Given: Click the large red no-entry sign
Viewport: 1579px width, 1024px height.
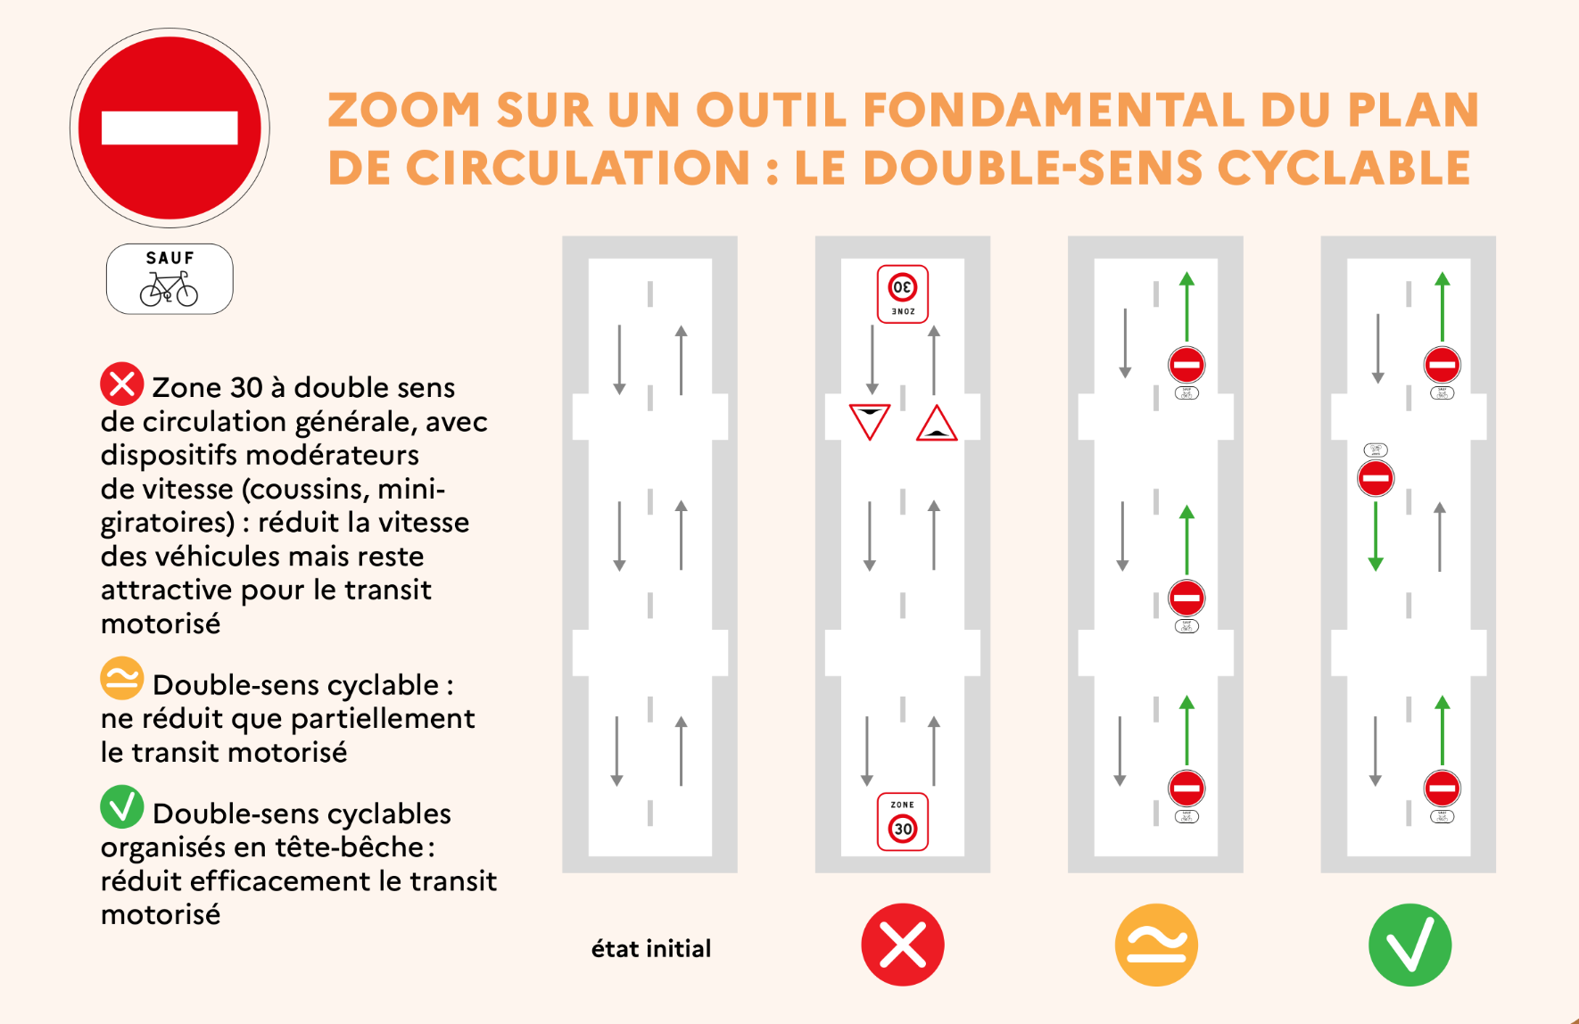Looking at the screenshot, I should tap(169, 128).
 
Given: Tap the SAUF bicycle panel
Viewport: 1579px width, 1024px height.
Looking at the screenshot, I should tap(169, 278).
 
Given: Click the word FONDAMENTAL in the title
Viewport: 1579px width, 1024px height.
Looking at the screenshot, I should tap(1054, 111).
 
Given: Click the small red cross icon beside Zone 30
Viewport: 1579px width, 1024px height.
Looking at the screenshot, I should tap(121, 384).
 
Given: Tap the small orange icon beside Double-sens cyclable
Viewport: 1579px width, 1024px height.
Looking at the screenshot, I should tap(121, 679).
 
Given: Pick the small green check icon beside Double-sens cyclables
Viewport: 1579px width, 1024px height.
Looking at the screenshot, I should tap(121, 806).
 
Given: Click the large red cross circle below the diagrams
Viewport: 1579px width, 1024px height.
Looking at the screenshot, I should tap(902, 945).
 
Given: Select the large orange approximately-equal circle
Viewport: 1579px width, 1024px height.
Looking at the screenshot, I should tap(1156, 945).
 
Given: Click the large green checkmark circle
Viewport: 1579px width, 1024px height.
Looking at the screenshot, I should tap(1410, 945).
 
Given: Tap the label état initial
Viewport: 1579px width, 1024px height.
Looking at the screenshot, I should tap(651, 948).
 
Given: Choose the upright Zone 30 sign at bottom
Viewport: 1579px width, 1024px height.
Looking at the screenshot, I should tap(903, 822).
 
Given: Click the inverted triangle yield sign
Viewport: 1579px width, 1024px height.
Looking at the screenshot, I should tap(869, 420).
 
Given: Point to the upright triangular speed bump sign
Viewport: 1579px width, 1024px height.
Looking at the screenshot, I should tap(937, 424).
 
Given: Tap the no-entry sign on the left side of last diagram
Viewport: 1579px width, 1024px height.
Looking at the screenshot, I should tap(1376, 478).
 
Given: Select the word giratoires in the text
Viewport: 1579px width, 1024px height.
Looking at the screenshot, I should tap(166, 523).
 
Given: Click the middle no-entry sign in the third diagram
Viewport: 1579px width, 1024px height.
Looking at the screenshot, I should tap(1186, 598).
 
